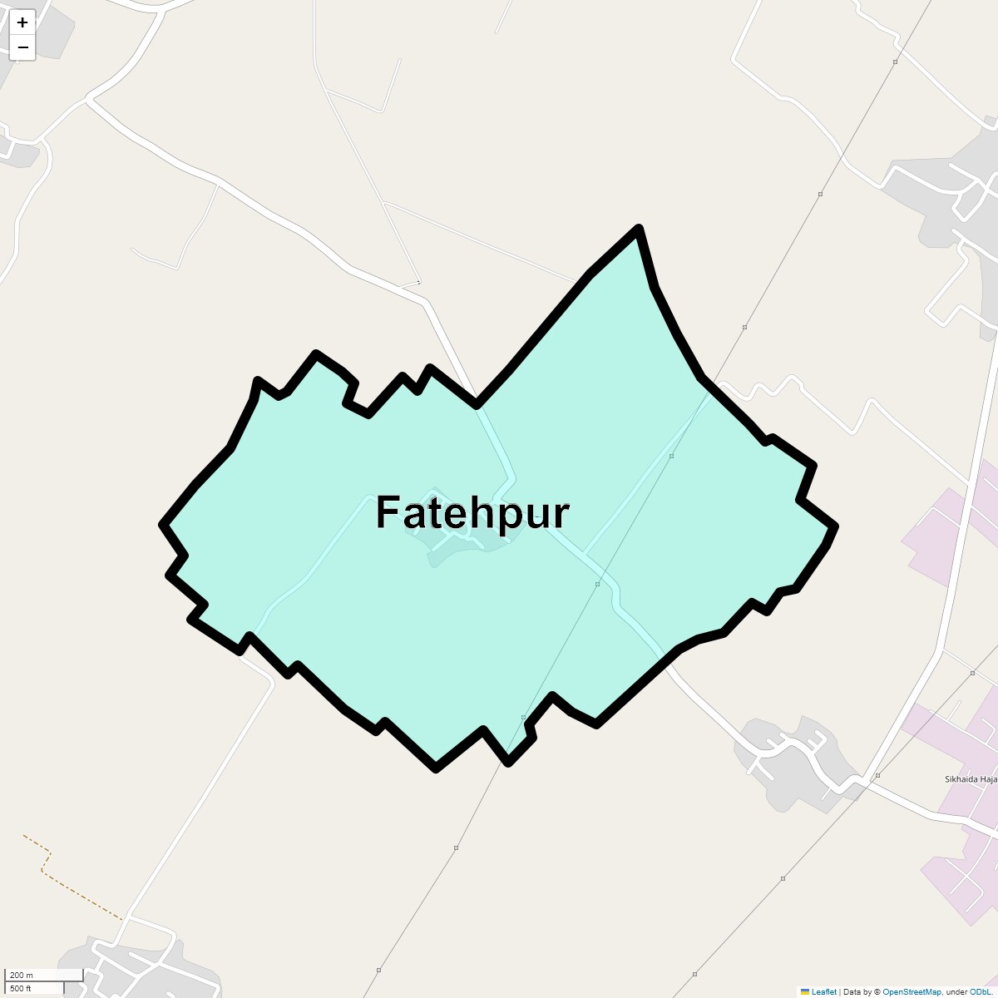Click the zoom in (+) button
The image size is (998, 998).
[x=22, y=22]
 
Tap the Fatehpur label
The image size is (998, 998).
[x=472, y=512]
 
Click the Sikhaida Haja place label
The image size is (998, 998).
[x=970, y=779]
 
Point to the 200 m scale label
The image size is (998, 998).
[x=22, y=975]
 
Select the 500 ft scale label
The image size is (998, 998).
[x=21, y=988]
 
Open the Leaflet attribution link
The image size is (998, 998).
[x=823, y=991]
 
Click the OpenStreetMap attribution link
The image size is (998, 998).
[x=912, y=991]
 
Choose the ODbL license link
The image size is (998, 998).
[x=979, y=991]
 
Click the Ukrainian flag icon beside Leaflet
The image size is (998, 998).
[x=804, y=991]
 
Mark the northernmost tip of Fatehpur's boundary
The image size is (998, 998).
[x=638, y=228]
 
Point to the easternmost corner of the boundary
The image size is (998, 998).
[x=835, y=526]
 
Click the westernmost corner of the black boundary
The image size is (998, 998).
[x=163, y=525]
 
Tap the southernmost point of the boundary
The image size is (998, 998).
[x=436, y=768]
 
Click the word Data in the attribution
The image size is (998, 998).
[x=852, y=991]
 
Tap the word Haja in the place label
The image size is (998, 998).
[x=988, y=779]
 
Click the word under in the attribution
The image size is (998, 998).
[x=956, y=991]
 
